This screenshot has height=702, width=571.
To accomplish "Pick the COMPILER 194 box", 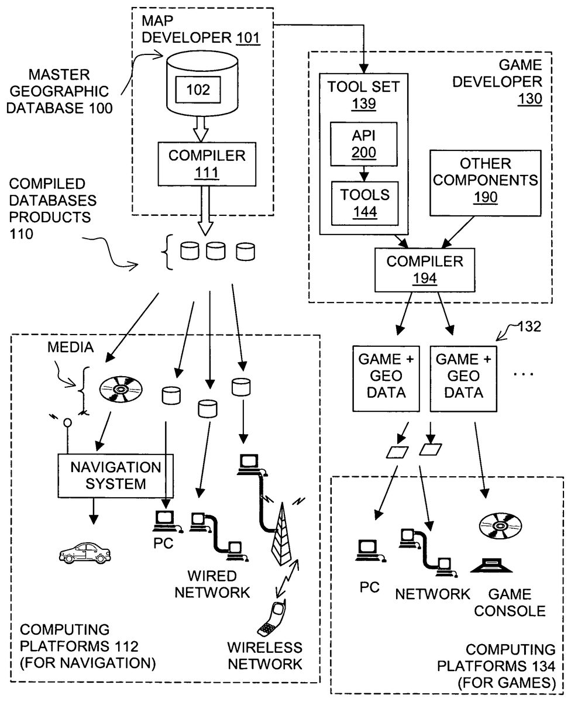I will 424,269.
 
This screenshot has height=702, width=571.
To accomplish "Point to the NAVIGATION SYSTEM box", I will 115,475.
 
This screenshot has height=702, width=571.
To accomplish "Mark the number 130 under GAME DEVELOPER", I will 529,99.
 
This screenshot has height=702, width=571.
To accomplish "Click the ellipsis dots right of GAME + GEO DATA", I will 523,373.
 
